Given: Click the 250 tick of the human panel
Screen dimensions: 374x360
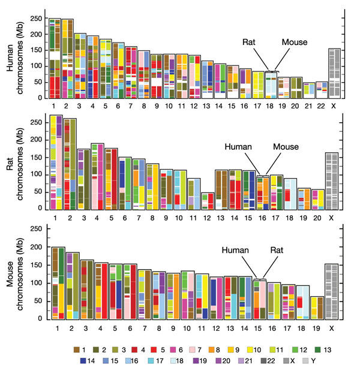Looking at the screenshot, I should click(x=43, y=19).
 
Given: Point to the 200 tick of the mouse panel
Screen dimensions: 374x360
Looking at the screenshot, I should click(x=43, y=247).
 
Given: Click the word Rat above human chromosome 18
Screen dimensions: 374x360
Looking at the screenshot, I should click(x=250, y=43).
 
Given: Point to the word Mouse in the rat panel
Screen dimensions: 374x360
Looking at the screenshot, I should click(x=286, y=146).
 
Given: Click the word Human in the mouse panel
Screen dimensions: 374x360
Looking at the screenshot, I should click(x=235, y=251).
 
